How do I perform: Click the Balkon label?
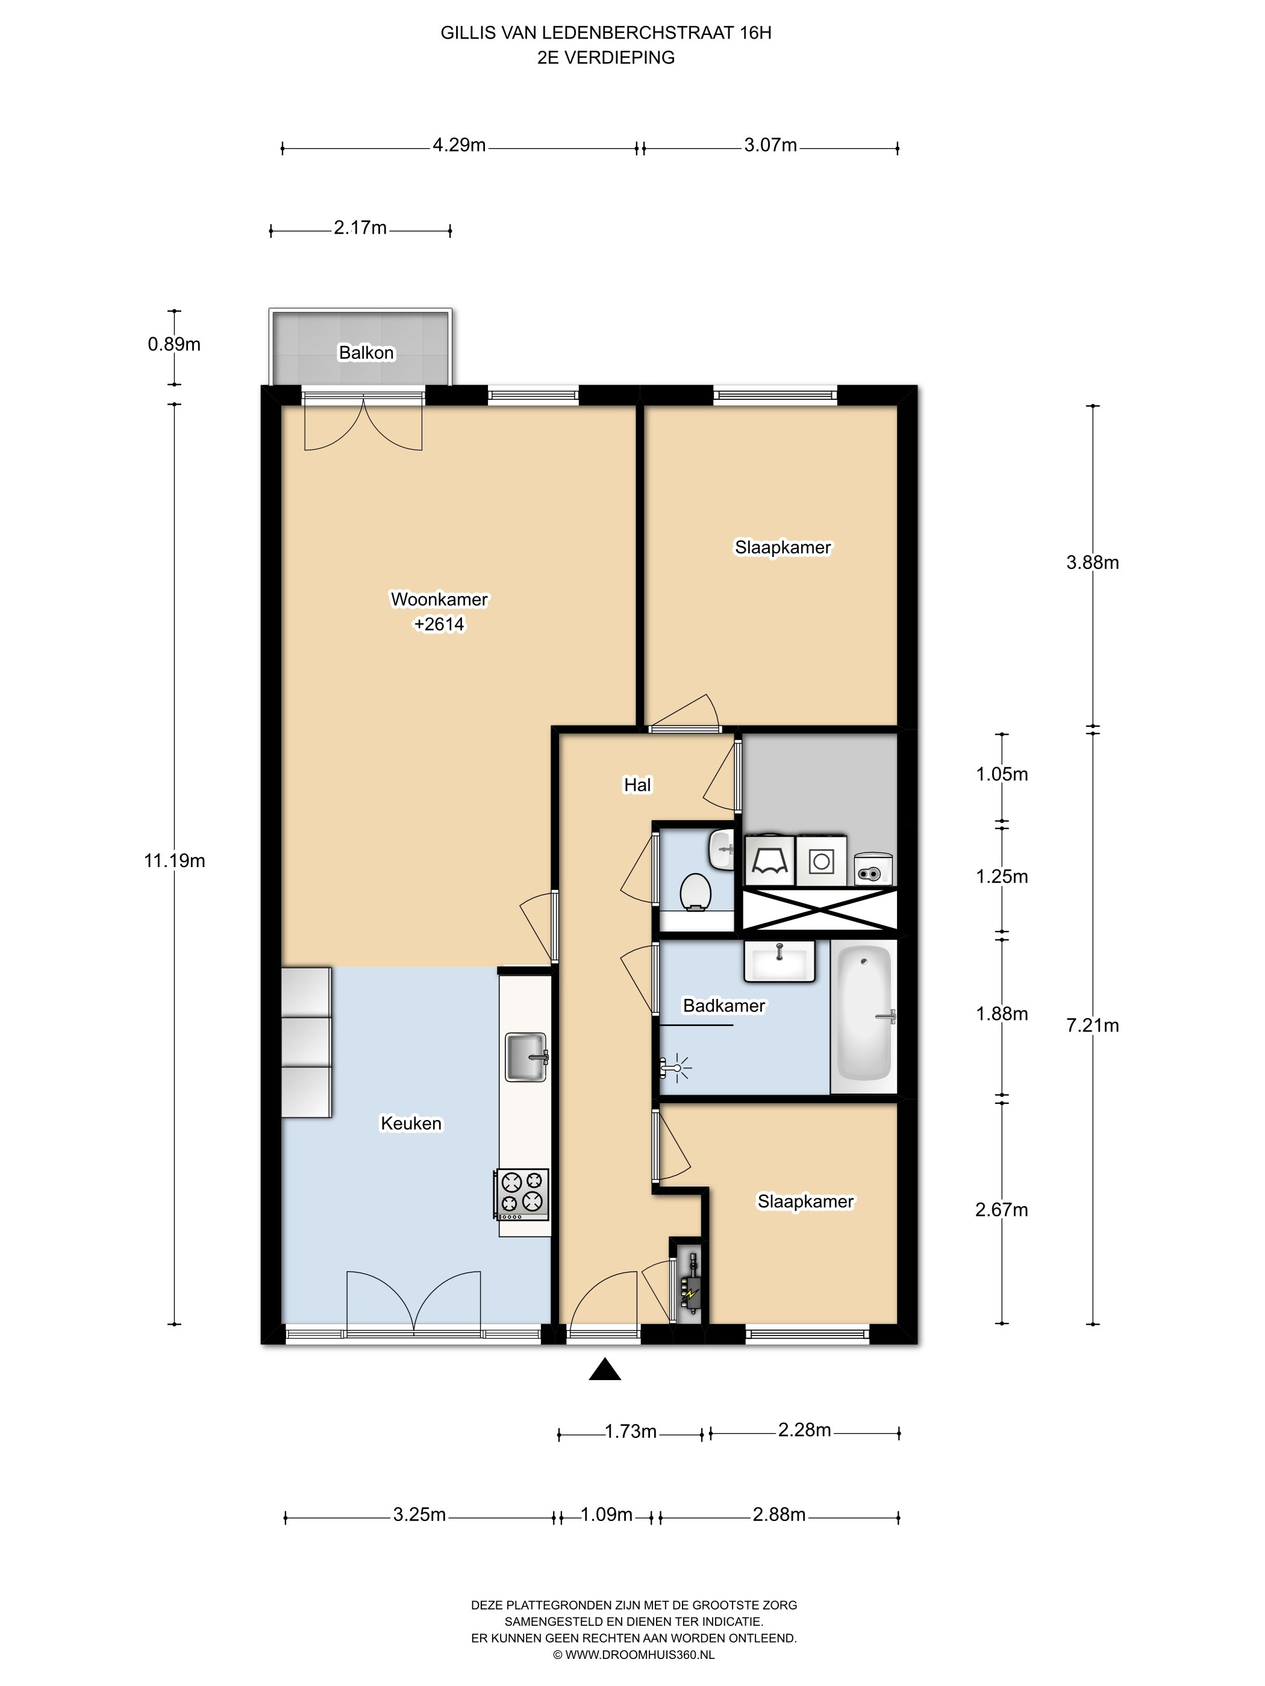click(x=366, y=353)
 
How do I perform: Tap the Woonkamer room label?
click(x=439, y=599)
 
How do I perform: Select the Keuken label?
click(x=411, y=1124)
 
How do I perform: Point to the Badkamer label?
click(x=723, y=1006)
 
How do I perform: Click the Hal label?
click(x=637, y=785)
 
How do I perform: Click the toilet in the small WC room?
click(x=695, y=892)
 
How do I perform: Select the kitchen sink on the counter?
click(x=526, y=1057)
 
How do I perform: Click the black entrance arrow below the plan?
click(x=605, y=1370)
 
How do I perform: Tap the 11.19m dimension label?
click(x=175, y=860)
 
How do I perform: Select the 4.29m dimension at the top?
click(x=459, y=145)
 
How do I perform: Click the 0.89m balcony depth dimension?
click(x=174, y=344)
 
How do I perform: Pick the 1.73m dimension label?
click(x=631, y=1431)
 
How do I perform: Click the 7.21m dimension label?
click(x=1093, y=1025)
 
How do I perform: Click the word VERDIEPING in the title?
click(x=619, y=57)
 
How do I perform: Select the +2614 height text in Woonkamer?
click(x=439, y=624)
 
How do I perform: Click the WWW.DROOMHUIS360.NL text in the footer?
click(x=640, y=1655)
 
